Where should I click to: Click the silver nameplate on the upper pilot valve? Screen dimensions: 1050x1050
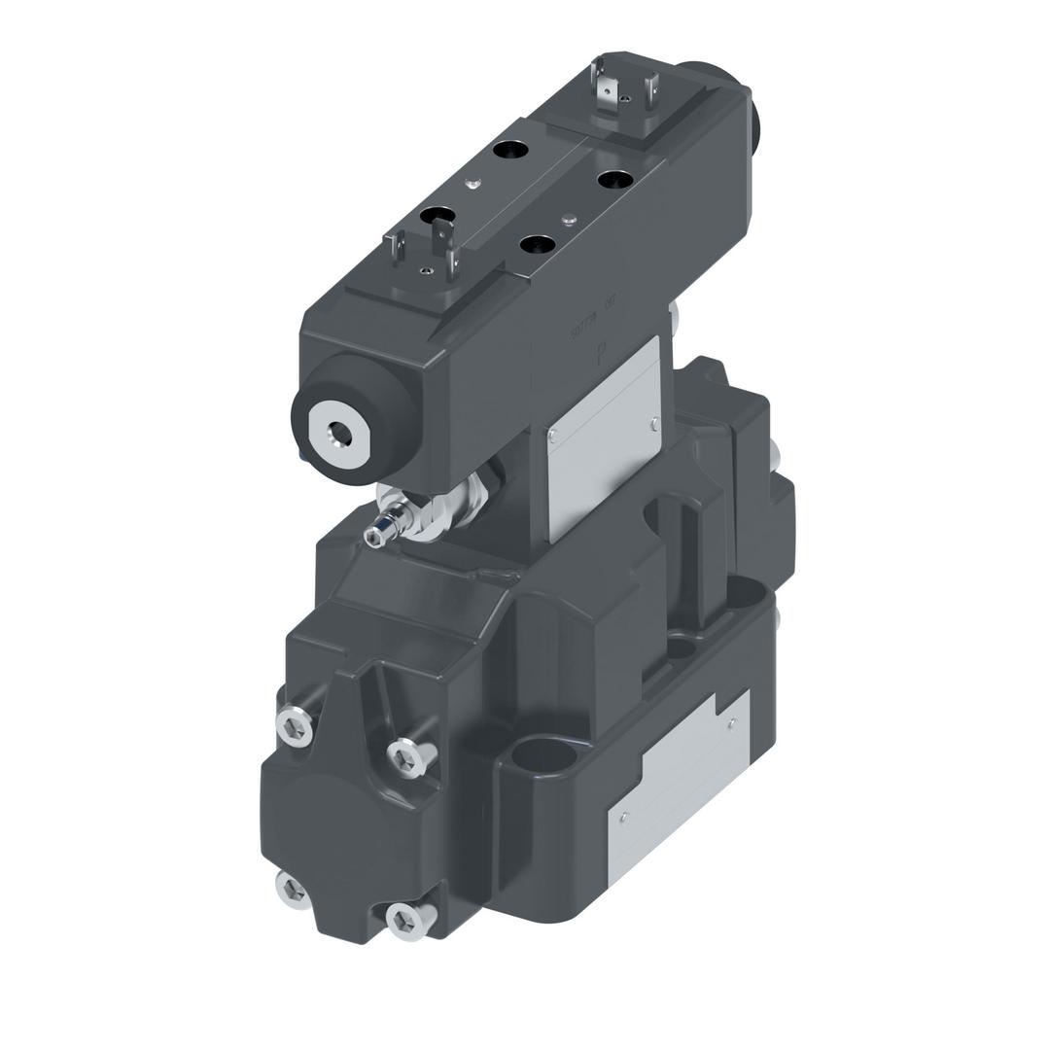click(603, 437)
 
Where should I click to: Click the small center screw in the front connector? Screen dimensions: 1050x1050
click(426, 272)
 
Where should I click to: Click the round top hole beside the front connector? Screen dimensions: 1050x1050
click(439, 217)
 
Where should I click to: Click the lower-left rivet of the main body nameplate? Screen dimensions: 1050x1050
click(623, 817)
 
